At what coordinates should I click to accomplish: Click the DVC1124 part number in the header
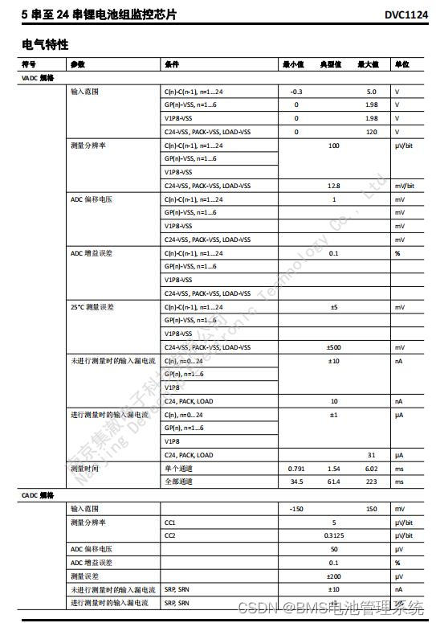[406, 14]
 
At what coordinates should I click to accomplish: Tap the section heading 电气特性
[45, 43]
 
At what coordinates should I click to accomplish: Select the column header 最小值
[293, 64]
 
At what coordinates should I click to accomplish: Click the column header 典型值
[332, 64]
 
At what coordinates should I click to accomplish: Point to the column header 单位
[401, 64]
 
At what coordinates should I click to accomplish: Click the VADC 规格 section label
[37, 78]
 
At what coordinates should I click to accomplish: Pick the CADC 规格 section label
[37, 496]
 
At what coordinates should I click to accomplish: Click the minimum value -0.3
[295, 92]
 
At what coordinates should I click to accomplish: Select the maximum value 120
[371, 132]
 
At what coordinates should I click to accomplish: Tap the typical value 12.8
[333, 186]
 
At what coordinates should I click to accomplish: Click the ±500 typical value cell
[333, 347]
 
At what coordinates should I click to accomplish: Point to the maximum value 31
[371, 455]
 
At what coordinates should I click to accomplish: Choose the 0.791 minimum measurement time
[295, 469]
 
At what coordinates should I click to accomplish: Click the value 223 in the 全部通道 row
[371, 482]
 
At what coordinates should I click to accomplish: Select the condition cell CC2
[169, 535]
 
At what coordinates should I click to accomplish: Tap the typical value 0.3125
[333, 535]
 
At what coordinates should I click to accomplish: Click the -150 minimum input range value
[295, 509]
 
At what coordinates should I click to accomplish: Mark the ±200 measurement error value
[333, 576]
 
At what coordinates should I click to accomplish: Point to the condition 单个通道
[178, 469]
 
